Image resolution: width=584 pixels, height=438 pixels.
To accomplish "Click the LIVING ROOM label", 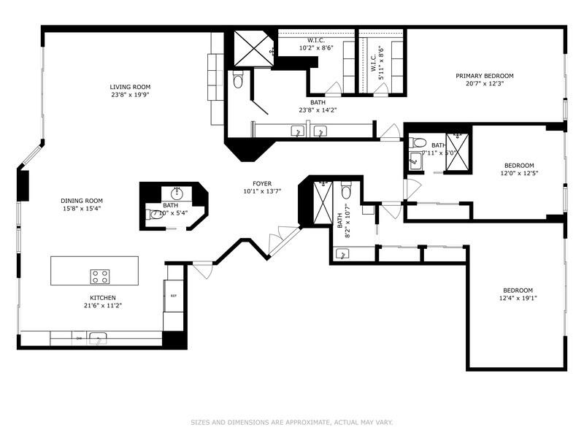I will pos(131,87).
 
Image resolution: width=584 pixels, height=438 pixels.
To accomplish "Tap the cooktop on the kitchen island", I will pos(100,276).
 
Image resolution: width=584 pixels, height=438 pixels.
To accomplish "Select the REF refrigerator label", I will pos(174,296).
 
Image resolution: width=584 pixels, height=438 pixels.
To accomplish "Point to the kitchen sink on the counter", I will pos(97,338).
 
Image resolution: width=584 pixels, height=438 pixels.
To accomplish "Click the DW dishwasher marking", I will pos(78,338).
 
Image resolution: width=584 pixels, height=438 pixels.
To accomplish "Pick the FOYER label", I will pos(262,184).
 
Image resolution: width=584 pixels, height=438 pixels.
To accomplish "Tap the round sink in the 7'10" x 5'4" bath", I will pos(176,193).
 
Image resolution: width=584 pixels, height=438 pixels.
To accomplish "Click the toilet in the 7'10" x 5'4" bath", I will pos(155,215).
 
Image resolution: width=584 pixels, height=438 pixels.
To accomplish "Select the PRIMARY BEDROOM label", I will pos(485,76).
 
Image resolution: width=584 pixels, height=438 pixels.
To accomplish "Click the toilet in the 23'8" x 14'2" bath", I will pos(237,81).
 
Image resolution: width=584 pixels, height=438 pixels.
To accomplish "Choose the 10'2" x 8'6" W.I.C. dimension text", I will pos(315,48).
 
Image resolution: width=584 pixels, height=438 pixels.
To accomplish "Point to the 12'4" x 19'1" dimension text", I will pos(517,299).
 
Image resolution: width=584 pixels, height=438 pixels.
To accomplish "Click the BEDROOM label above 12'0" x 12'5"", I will pos(519,165).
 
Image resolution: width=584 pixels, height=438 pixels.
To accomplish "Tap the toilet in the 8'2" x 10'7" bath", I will pos(346,191).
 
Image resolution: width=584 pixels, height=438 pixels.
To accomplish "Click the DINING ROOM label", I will pos(81,201).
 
